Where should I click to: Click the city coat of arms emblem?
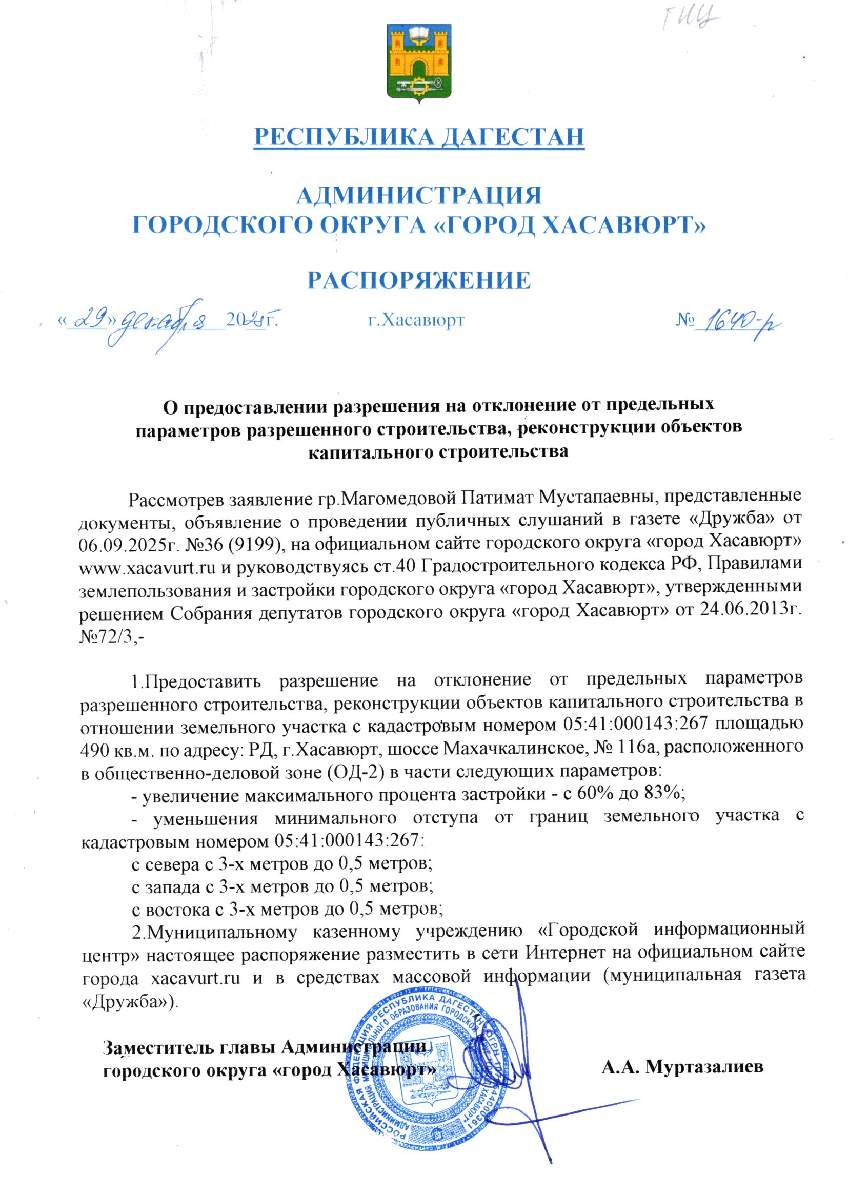tap(419, 63)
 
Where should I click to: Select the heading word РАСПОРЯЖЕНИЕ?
tap(419, 280)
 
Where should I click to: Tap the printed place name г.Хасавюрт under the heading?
tap(416, 319)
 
